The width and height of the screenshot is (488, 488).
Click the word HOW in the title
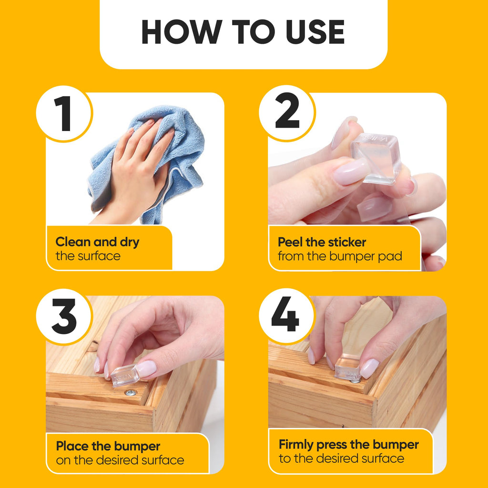tap(182, 32)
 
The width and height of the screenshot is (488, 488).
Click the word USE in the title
tap(315, 32)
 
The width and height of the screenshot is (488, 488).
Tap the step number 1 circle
tap(64, 113)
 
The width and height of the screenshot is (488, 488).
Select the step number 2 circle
tap(287, 113)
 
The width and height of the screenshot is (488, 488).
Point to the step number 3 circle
tap(64, 316)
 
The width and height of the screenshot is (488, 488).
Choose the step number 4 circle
tap(286, 316)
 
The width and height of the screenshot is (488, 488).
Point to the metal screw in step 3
tap(131, 393)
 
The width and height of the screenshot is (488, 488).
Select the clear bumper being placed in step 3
tap(124, 376)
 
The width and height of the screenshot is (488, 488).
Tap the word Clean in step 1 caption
tap(73, 242)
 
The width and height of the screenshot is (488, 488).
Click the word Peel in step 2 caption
tap(290, 242)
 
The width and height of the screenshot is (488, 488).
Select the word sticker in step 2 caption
tap(347, 242)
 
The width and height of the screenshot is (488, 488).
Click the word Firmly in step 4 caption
tap(295, 445)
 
